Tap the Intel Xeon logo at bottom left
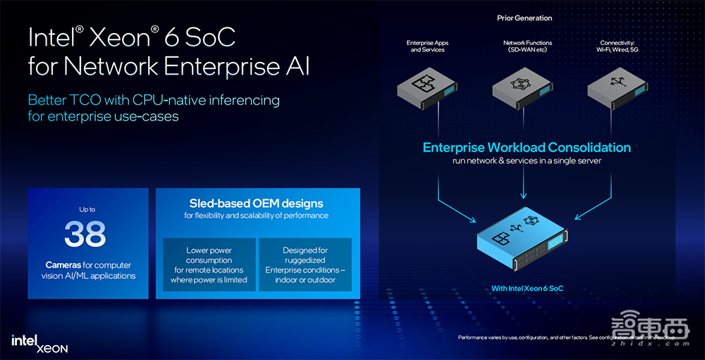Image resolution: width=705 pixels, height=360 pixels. pos(39,343)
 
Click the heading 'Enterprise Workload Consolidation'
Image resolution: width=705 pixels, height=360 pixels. pos(527,148)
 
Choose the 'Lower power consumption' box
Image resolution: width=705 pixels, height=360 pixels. pos(209,265)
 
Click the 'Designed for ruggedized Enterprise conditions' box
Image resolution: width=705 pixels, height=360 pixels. pos(305,265)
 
